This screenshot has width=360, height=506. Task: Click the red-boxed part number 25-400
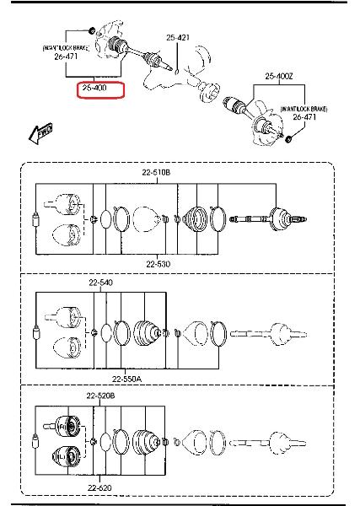tap(94, 88)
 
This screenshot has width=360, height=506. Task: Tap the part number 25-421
tap(178, 38)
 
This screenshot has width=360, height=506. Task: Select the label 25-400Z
tap(279, 76)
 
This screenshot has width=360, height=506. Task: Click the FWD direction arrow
tap(40, 132)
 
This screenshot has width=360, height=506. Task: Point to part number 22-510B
tap(156, 173)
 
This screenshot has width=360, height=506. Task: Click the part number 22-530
tap(158, 264)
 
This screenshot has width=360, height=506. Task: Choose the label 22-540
tap(101, 283)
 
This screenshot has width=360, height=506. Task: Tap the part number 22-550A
tap(126, 379)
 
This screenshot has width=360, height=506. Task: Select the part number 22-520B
tap(100, 396)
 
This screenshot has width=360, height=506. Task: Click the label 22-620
tap(99, 488)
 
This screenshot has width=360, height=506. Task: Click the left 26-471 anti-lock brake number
tap(66, 57)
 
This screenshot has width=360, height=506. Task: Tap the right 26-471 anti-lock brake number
tap(304, 117)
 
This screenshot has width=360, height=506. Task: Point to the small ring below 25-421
tap(177, 72)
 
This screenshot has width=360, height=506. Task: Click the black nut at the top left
tap(92, 30)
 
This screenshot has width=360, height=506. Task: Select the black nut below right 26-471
tap(288, 139)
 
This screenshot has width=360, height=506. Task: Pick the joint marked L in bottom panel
tap(66, 457)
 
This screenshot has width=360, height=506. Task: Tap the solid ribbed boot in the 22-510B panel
tap(195, 218)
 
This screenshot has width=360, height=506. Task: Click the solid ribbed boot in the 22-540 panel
tap(147, 333)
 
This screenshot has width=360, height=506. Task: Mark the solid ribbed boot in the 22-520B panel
tap(146, 443)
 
